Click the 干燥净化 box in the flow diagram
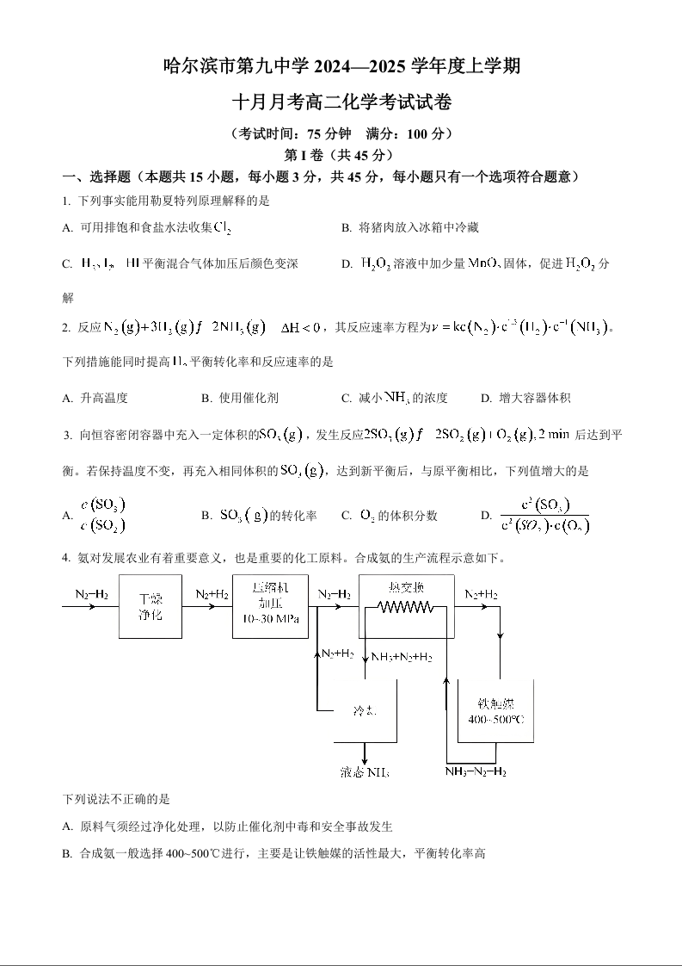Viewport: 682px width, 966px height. point(151,607)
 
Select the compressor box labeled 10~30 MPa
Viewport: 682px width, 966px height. point(270,606)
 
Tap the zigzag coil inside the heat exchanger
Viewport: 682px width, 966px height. point(405,607)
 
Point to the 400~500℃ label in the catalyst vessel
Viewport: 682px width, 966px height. point(496,719)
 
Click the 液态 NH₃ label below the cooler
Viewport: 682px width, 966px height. point(365,772)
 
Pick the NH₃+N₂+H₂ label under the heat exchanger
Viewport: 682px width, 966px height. point(401,657)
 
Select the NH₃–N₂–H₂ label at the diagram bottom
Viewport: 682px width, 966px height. point(476,771)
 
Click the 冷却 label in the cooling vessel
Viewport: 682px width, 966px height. point(365,711)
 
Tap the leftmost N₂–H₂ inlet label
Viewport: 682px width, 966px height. point(91,594)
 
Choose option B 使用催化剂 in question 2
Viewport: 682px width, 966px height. point(240,398)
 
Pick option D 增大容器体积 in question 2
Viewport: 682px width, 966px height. point(526,398)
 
